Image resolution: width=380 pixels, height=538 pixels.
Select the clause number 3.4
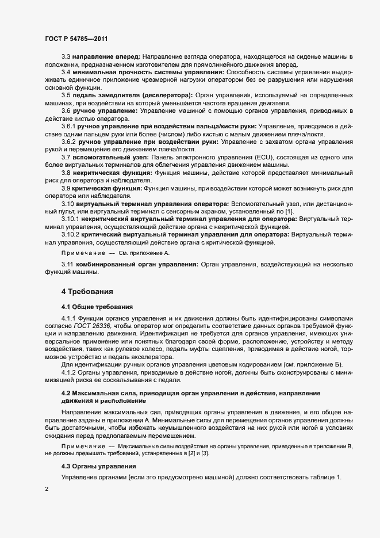point(66,72)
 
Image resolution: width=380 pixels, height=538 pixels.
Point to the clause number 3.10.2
point(72,235)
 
